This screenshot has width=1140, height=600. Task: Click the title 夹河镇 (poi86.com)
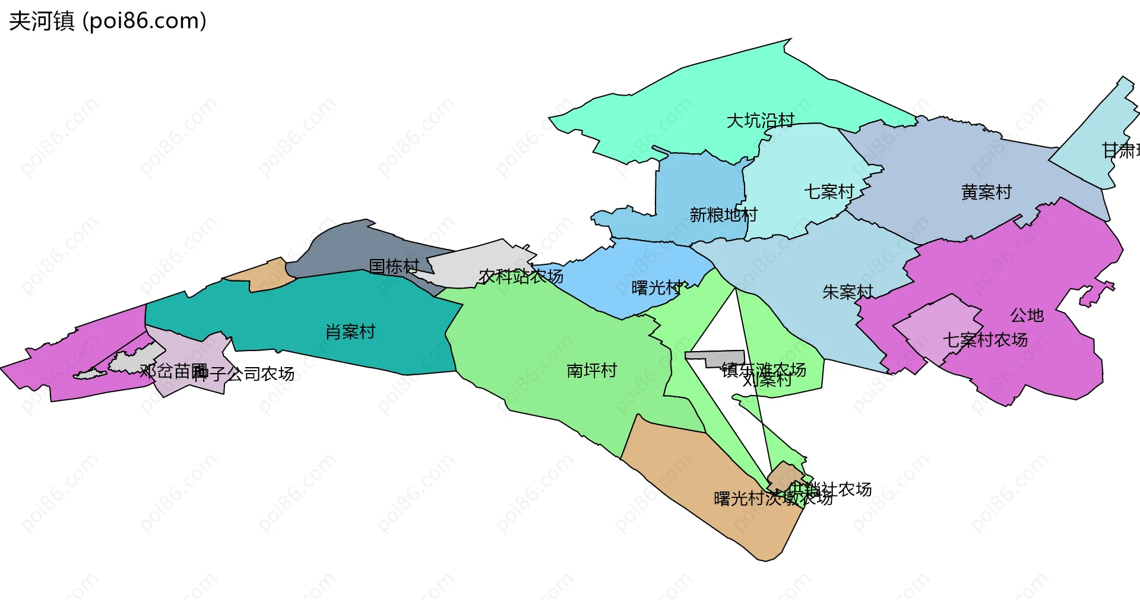107,21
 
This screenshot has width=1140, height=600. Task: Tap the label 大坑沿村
760,121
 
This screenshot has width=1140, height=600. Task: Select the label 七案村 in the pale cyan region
829,192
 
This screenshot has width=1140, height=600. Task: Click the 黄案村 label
986,192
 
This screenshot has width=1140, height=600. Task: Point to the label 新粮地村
723,214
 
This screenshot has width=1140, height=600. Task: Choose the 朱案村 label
847,292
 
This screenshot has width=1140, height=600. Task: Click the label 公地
1027,315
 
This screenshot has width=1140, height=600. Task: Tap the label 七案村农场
985,340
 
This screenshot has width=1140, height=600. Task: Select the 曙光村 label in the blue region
657,288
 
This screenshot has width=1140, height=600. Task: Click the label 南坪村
591,371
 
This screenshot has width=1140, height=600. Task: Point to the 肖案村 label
350,331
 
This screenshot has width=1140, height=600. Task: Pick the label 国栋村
394,266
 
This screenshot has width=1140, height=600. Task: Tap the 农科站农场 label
521,276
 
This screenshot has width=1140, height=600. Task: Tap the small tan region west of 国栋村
261,276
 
